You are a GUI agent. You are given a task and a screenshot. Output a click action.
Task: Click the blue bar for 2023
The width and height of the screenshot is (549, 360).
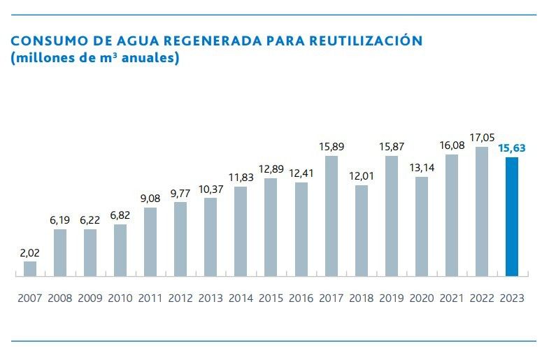[512, 217]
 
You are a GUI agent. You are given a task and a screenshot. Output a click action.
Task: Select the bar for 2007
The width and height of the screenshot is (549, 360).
[30, 268]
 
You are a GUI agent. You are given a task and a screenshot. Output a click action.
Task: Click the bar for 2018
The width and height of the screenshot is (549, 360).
[362, 230]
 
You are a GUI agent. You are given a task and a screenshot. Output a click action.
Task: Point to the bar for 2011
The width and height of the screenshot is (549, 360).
[150, 241]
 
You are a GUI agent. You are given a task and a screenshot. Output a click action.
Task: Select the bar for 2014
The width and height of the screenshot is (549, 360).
[241, 231]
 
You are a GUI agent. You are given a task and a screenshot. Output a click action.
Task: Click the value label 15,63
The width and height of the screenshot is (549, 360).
[512, 147]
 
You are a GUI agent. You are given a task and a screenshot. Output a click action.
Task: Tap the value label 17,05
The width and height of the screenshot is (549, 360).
[482, 138]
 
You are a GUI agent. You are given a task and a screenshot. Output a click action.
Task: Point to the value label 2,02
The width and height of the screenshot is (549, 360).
[30, 252]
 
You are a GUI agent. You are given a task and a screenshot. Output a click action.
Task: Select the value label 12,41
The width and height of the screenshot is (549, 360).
[301, 173]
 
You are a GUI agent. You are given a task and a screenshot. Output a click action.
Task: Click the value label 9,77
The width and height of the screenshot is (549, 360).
[180, 192]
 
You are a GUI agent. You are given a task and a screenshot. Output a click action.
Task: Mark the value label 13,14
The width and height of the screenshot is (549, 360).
[422, 167]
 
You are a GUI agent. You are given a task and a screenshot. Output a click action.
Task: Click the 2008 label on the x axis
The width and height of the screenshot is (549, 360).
[60, 298]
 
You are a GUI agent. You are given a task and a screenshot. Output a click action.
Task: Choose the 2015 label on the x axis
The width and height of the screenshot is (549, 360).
[271, 298]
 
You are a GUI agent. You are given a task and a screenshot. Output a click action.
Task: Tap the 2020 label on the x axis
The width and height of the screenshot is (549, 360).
[422, 298]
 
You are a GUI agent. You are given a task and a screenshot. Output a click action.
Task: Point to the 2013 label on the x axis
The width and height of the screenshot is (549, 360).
[211, 298]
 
